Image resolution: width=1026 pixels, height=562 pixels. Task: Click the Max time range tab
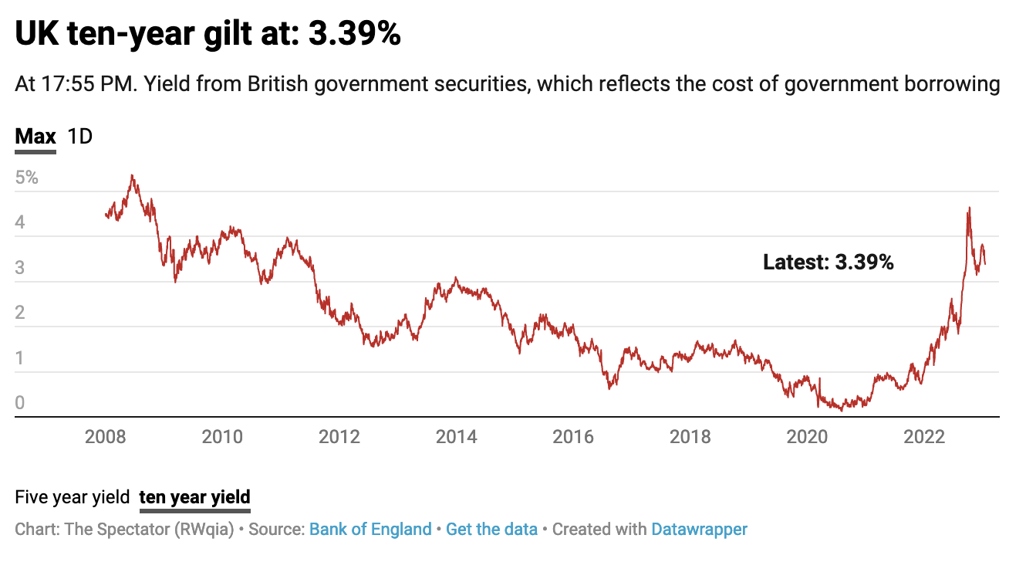35,137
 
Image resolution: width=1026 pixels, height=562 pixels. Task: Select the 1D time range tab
80,137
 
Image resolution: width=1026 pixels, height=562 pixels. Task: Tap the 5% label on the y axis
26,178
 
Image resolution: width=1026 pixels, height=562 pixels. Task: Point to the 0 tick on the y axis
20,403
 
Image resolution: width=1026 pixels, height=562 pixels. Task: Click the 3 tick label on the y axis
20,268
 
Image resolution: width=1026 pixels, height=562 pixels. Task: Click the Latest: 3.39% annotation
828,262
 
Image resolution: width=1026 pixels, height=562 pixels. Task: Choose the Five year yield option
72,497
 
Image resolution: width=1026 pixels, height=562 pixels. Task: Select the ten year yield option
194,497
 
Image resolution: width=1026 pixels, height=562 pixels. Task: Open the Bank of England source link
370,530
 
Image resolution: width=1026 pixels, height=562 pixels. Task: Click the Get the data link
491,530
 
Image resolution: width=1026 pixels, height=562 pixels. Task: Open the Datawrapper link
699,530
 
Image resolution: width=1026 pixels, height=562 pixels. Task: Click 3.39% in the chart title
354,35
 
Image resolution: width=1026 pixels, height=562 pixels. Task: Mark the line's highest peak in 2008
133,176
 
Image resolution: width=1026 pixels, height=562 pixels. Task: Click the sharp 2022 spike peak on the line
969,208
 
